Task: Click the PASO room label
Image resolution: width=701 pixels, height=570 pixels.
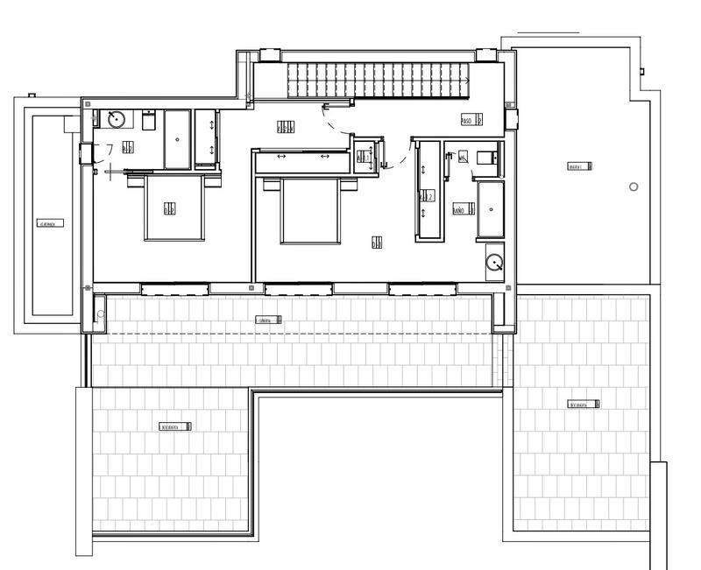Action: [471, 121]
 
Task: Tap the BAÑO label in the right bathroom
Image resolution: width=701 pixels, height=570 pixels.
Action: [459, 210]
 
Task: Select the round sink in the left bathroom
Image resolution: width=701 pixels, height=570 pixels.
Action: [115, 120]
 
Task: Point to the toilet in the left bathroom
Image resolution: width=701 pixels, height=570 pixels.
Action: [148, 121]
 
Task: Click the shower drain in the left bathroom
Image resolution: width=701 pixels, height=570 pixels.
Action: [178, 139]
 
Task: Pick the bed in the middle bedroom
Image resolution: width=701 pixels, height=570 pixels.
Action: [309, 210]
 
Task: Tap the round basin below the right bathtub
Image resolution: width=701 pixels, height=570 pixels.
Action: [495, 261]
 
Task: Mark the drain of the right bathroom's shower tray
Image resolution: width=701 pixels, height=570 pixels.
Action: [491, 209]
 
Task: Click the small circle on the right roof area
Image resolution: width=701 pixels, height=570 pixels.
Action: [634, 186]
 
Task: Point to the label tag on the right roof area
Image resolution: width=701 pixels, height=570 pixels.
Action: [578, 166]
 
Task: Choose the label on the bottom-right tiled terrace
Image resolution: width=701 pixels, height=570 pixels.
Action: [584, 405]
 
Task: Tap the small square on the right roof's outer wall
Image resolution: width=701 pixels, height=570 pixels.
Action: [641, 70]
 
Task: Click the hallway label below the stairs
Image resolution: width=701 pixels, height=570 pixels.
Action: [285, 128]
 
